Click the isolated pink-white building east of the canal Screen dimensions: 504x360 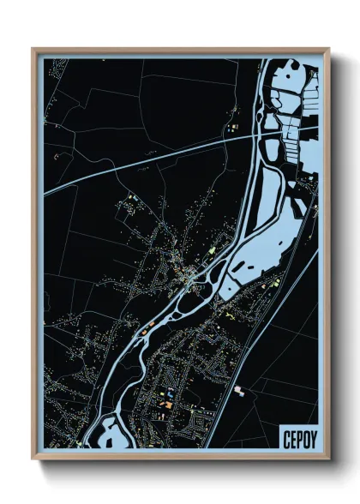point(239,390)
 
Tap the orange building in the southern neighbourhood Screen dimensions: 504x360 point(169,404)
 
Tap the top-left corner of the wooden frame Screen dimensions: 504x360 point(33,49)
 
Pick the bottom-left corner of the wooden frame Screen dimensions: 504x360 point(33,458)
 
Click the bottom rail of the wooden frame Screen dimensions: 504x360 point(180,456)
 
